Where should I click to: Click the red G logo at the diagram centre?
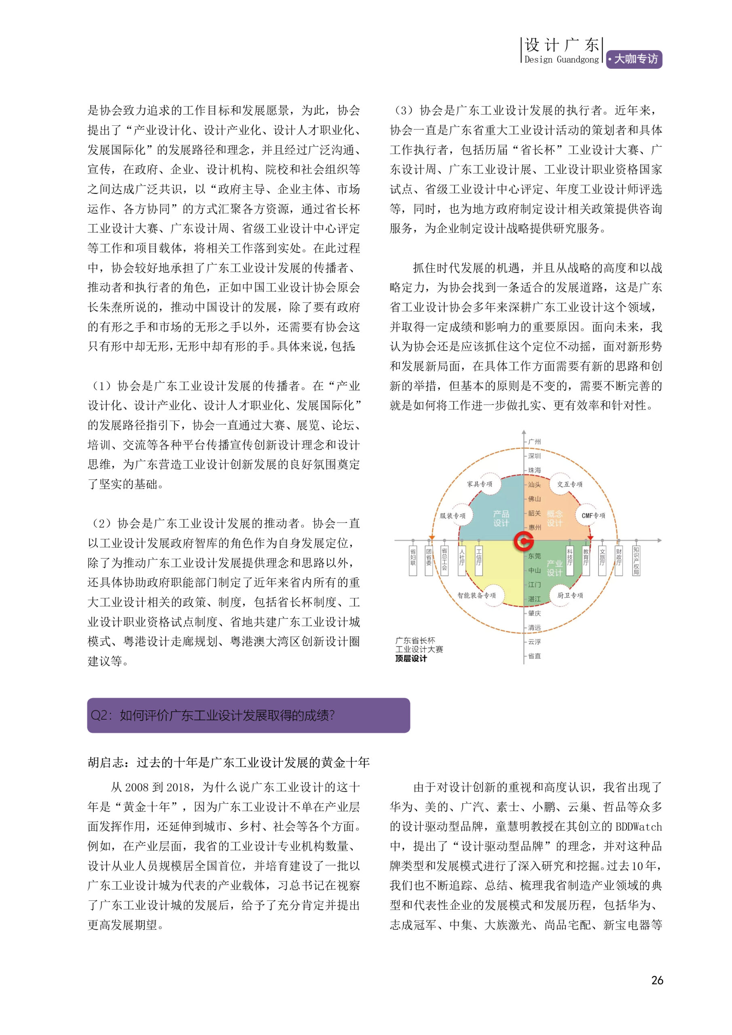point(523,541)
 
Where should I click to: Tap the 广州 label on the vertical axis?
point(535,442)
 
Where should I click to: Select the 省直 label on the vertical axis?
point(535,656)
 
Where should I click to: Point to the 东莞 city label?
point(535,556)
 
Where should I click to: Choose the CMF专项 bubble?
point(593,515)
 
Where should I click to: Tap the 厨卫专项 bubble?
point(570,595)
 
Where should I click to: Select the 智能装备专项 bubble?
point(476,595)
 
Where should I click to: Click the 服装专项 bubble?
point(453,515)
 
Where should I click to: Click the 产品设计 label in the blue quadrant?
point(501,518)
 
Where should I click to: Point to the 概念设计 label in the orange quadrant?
point(554,518)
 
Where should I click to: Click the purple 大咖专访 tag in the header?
point(634,59)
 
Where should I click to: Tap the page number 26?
point(657,980)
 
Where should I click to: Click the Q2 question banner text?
point(213,715)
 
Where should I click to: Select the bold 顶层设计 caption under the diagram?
point(411,658)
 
